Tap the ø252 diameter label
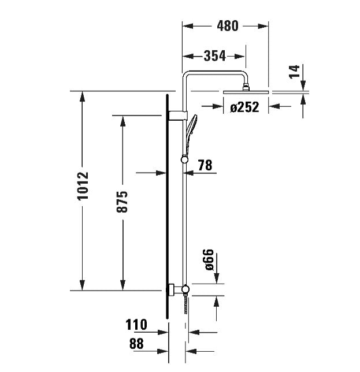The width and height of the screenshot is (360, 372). [x=243, y=106]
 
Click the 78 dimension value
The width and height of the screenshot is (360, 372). [x=205, y=166]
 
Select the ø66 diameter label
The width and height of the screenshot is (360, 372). [x=209, y=261]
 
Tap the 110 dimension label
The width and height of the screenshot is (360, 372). [x=136, y=325]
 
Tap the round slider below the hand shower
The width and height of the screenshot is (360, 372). [x=184, y=160]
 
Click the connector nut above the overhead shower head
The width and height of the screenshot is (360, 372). [x=246, y=88]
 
